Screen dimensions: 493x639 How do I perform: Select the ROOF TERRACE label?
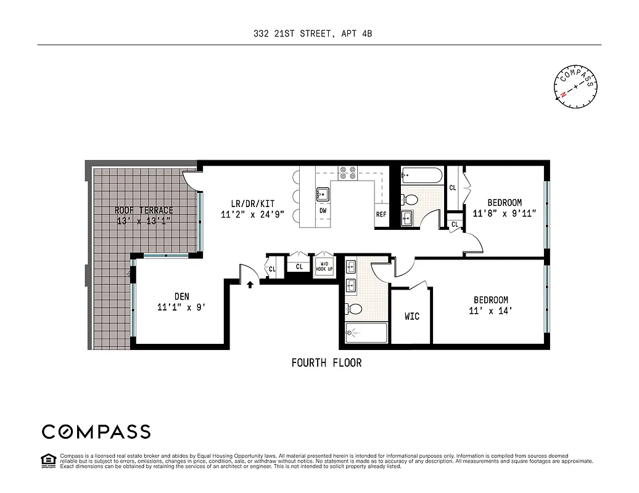coord(144,210)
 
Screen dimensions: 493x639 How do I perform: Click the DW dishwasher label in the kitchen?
coord(323,211)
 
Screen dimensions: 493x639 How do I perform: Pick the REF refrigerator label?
coord(381,215)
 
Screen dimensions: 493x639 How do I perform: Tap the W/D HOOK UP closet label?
coord(324,267)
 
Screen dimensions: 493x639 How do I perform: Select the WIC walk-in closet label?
coord(412,316)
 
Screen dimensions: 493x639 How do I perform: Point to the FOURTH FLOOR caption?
coord(326,363)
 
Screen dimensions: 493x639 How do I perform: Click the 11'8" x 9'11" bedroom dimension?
coord(505,214)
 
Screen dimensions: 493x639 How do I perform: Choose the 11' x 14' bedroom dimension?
coord(491,311)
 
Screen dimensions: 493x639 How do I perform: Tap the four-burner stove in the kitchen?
coord(347,173)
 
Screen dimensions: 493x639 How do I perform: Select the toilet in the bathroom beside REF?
coord(409,199)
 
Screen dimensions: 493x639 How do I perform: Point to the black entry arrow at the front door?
coord(250,284)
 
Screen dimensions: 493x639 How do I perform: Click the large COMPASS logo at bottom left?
coord(96,431)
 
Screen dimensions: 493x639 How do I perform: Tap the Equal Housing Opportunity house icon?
coord(47,460)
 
